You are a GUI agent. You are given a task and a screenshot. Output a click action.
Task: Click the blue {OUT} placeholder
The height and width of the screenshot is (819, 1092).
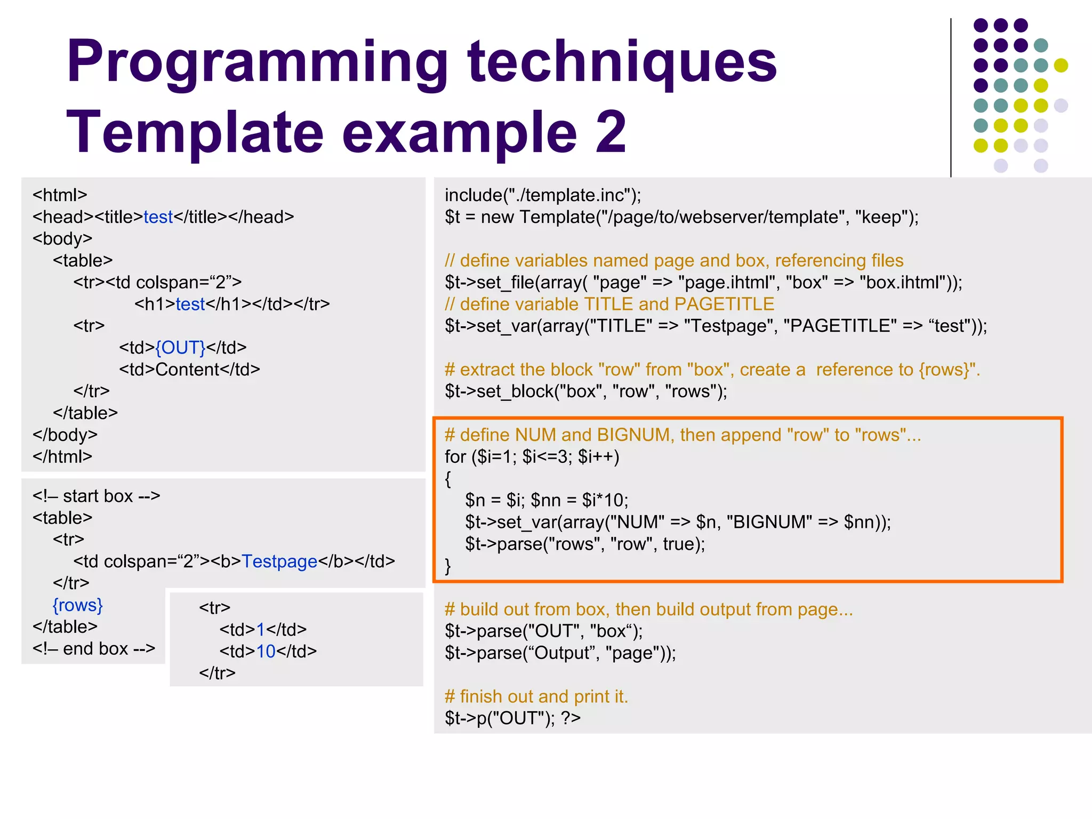(x=180, y=348)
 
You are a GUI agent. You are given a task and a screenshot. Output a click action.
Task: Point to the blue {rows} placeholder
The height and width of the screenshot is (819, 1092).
(x=77, y=605)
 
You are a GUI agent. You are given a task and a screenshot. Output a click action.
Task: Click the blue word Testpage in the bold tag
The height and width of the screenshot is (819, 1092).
(x=279, y=561)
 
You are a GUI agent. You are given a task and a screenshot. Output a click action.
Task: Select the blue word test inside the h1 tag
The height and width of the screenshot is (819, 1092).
(x=190, y=304)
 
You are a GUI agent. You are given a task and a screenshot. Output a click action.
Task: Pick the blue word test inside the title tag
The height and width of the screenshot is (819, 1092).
(x=158, y=217)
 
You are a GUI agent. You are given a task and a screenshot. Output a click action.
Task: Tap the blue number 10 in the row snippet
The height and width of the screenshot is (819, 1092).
(x=266, y=652)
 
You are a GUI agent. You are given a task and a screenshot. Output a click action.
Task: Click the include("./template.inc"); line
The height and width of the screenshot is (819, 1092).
(x=543, y=195)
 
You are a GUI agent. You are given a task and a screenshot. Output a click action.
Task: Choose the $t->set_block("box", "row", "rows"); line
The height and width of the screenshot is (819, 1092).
(x=585, y=391)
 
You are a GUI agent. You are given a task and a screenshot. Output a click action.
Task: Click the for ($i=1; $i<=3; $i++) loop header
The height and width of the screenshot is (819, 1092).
(x=532, y=457)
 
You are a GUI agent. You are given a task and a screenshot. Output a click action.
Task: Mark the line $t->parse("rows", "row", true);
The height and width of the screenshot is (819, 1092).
(x=585, y=544)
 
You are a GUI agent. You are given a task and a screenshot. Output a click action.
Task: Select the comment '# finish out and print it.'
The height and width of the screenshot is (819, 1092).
(x=536, y=696)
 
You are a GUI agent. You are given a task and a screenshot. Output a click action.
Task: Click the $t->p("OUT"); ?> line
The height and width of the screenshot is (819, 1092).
(x=512, y=718)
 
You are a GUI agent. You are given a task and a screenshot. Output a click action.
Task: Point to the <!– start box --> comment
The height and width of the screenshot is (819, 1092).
(x=96, y=496)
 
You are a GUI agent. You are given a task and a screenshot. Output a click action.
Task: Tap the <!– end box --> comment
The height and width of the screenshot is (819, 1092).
(x=94, y=649)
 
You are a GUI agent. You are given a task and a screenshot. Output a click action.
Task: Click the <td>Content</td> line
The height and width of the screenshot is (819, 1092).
(x=189, y=370)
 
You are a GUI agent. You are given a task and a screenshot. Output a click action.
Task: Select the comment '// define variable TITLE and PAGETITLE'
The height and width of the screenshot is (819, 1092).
(x=609, y=304)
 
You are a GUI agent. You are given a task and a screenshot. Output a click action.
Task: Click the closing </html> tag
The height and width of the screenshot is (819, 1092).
(x=62, y=457)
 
